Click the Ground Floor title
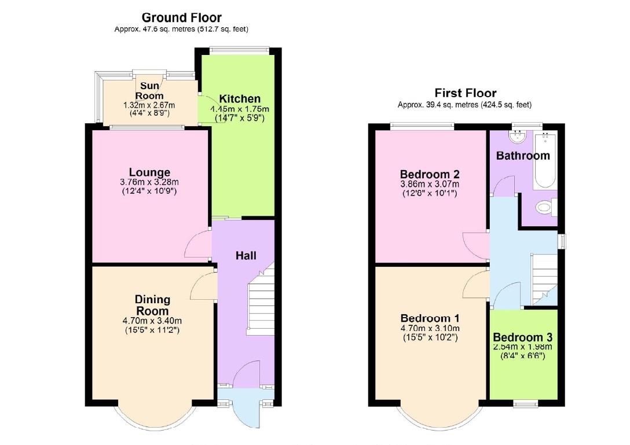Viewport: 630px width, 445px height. point(181,18)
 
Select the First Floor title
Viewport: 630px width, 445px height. point(466,93)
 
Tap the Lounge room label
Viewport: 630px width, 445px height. point(149,172)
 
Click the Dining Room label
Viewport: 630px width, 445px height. point(152,305)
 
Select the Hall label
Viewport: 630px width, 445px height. point(246,255)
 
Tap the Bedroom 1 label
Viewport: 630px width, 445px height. point(430,318)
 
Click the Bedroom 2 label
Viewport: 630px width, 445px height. point(430,174)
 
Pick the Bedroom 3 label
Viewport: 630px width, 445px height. point(523,337)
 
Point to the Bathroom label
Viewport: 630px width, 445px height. point(523,155)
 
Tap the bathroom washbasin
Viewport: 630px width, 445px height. point(515,137)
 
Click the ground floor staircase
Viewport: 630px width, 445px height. point(260,304)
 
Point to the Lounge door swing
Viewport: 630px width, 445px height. point(197,245)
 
